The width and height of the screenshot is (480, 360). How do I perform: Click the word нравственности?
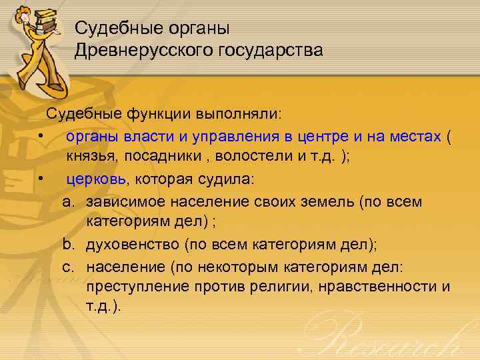[x=377, y=287]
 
